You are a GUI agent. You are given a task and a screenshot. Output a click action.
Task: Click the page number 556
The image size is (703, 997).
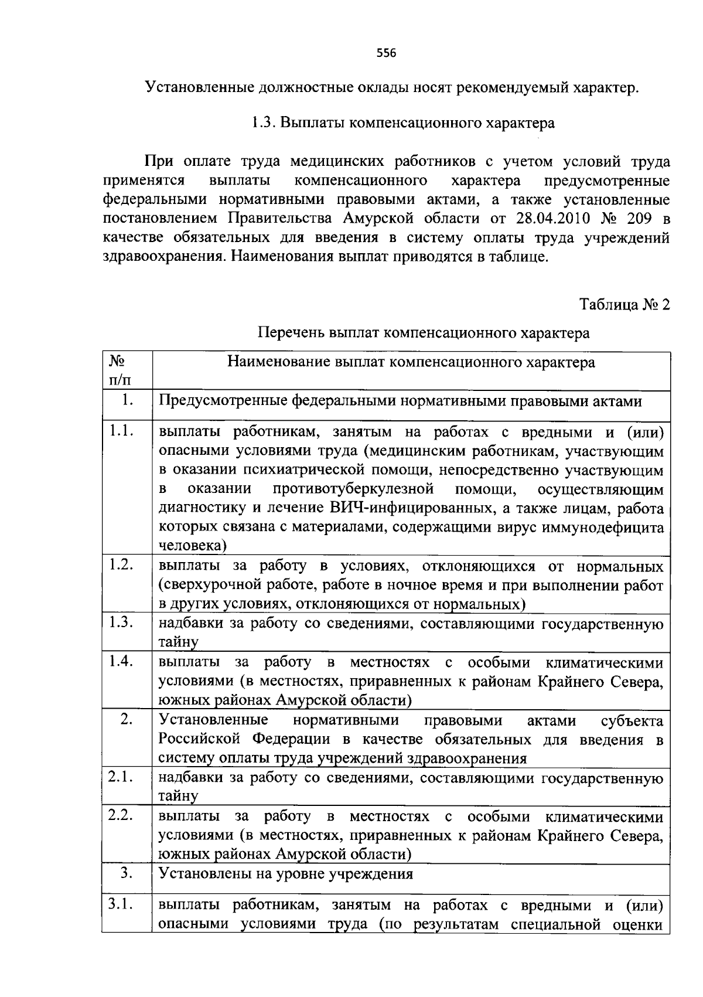386,53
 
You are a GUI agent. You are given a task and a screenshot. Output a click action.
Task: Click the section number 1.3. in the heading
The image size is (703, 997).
264,123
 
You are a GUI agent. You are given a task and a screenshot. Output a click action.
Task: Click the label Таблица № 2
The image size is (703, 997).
624,305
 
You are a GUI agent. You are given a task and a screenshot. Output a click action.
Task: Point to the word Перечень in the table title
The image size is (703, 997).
291,333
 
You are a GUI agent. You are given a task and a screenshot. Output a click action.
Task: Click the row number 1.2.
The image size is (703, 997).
121,564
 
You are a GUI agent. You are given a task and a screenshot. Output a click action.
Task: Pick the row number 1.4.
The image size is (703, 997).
121,661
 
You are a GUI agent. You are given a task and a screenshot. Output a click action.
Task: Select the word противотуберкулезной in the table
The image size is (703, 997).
353,489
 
